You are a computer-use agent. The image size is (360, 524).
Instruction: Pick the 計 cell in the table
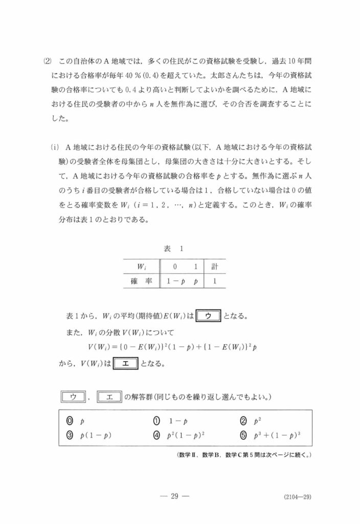point(214,267)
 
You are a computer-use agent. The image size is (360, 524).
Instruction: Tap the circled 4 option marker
point(157,436)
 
